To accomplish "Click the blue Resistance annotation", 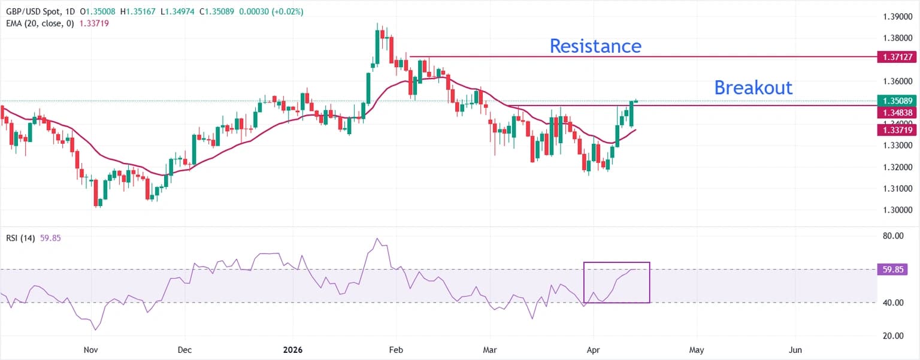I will click(x=595, y=46).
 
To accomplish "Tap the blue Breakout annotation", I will click(x=753, y=88).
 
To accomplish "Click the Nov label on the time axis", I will click(x=90, y=349).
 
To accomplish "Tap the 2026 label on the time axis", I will click(x=292, y=349).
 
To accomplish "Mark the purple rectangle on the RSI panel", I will click(x=616, y=282).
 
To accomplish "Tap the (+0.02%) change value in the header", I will click(x=289, y=11).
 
